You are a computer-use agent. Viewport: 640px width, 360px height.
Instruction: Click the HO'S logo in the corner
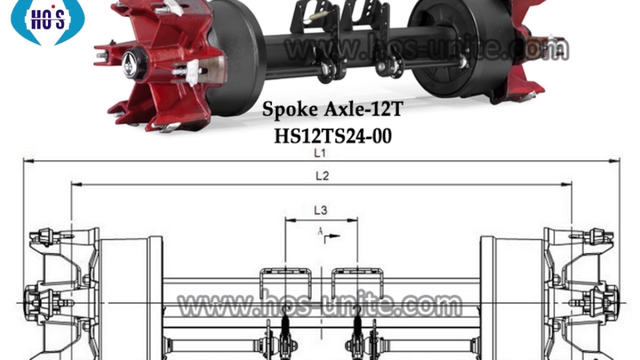pos(47,20)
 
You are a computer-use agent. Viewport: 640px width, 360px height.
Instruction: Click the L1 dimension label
pos(319,153)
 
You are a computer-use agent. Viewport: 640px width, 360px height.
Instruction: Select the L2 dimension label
pos(322,176)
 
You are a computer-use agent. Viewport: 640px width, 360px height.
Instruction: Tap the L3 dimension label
pos(320,210)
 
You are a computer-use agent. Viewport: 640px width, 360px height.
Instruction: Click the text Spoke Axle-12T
pos(332,109)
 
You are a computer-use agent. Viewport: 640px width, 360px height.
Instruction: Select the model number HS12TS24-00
pos(332,136)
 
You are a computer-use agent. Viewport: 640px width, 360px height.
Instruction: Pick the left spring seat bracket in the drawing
pos(285,283)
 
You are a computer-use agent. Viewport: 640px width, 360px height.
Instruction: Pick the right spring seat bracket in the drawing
pos(357,283)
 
